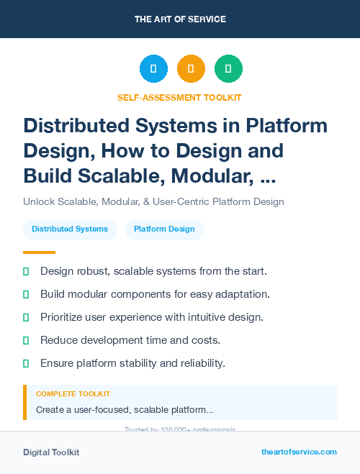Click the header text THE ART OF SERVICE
pos(180,19)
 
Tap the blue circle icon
pos(153,69)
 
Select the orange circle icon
pos(191,69)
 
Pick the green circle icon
pos(228,69)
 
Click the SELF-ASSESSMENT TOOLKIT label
pos(179,97)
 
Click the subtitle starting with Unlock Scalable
pos(153,201)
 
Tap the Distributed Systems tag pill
pos(70,229)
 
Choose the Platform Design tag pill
pos(164,229)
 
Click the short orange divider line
pos(39,252)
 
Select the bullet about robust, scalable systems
pos(153,271)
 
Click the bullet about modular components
pos(155,294)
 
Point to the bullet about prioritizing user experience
pos(152,317)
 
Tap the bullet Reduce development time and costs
pos(130,340)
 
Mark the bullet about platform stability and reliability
pos(132,363)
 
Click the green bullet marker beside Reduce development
pos(26,340)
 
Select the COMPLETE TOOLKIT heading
pos(73,394)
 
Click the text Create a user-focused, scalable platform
pos(124,410)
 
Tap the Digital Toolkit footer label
pos(51,452)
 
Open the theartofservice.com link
pos(299,452)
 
